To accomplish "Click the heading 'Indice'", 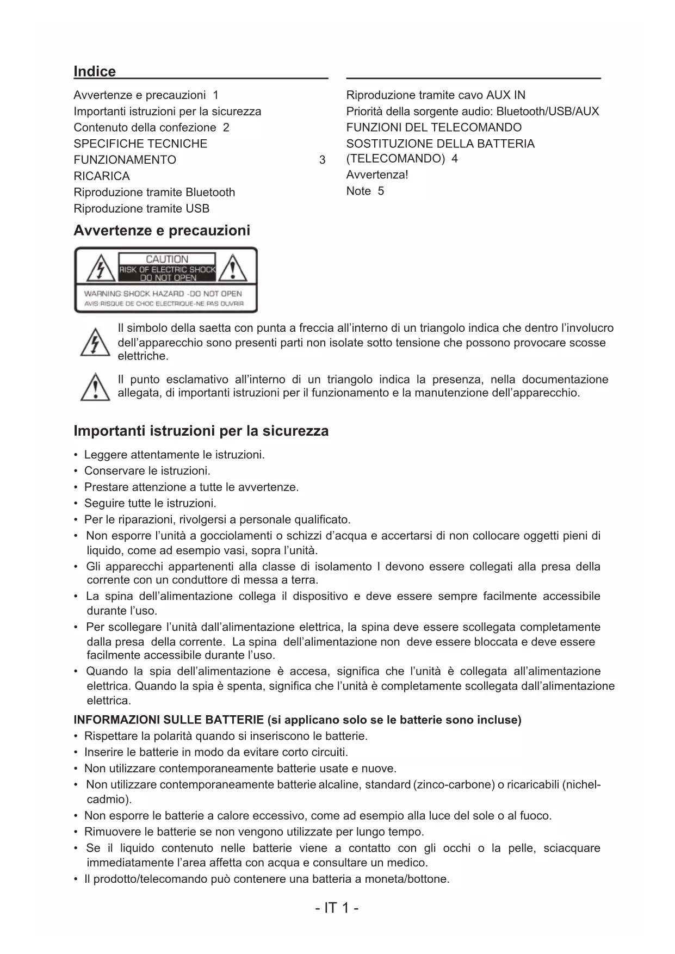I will click(95, 72).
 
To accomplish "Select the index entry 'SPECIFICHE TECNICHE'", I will click(140, 144).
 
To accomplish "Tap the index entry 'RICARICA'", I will click(102, 176).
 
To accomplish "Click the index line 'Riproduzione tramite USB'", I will click(141, 209).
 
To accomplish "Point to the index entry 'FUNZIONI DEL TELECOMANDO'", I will click(434, 128).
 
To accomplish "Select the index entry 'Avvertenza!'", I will click(377, 175).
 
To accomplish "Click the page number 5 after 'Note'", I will click(381, 191).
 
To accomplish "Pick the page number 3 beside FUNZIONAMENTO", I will click(322, 160).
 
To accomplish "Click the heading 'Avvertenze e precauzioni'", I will click(162, 231).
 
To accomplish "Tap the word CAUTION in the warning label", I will click(167, 259).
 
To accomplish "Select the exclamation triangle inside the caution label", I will click(233, 269).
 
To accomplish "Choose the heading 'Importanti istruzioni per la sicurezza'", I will click(201, 431).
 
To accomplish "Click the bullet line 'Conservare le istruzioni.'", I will click(147, 471).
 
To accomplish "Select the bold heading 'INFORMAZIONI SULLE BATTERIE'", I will click(169, 720).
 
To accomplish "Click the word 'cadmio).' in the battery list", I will click(109, 800).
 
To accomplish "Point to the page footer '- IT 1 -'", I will click(337, 908).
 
